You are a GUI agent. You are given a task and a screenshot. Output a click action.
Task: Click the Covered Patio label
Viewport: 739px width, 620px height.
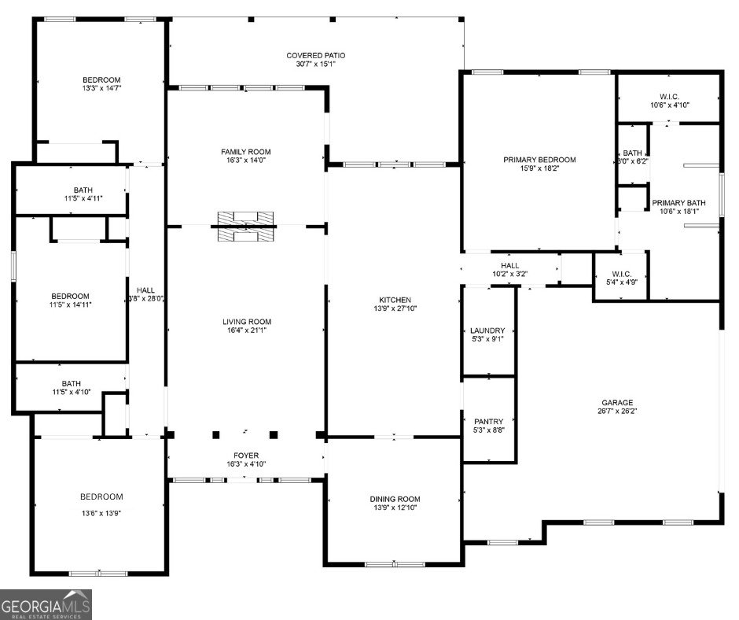(x=315, y=55)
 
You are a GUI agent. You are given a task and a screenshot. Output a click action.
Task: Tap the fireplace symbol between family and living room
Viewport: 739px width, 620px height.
(x=244, y=226)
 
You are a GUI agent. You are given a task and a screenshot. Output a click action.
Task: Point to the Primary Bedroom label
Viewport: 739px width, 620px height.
(x=539, y=160)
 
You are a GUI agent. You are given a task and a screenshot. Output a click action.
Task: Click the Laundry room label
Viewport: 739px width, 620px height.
(x=487, y=330)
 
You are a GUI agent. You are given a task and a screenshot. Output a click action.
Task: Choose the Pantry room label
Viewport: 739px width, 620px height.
(x=487, y=422)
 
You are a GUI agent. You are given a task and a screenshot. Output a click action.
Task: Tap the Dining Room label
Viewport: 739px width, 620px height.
(x=395, y=499)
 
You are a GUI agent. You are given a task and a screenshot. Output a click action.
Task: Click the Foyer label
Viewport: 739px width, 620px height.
(x=245, y=456)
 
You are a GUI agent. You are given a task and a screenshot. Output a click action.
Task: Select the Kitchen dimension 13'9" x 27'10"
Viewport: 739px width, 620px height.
(x=395, y=309)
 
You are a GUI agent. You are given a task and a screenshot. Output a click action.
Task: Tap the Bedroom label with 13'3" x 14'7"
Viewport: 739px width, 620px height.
(x=102, y=79)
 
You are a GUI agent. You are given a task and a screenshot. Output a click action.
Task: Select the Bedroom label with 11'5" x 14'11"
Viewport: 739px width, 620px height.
(x=71, y=297)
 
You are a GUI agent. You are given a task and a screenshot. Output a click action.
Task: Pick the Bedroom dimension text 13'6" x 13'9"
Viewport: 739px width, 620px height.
(x=101, y=512)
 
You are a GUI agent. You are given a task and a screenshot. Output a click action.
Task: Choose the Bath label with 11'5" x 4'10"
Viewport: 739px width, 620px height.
(x=71, y=383)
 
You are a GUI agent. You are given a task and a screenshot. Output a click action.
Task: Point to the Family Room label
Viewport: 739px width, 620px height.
(x=245, y=151)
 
